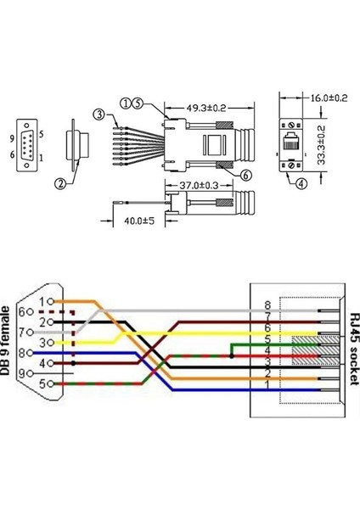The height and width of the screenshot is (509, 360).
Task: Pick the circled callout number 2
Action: pyautogui.click(x=60, y=182)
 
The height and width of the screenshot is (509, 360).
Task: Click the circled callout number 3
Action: pyautogui.click(x=99, y=114)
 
